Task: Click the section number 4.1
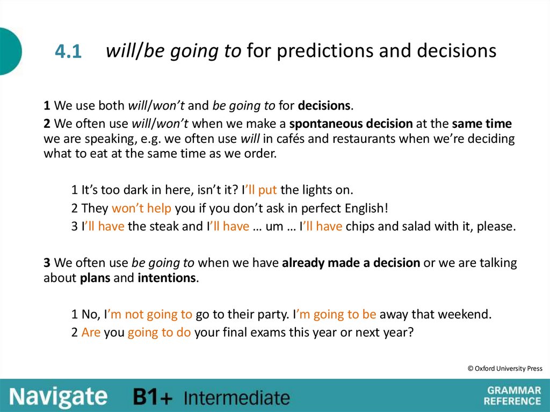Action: click(x=68, y=52)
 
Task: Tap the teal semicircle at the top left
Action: click(x=10, y=52)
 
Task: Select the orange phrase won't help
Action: click(x=141, y=208)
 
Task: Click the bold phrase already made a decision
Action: click(x=351, y=263)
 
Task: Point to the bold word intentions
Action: click(x=167, y=278)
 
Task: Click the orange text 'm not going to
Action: click(x=150, y=314)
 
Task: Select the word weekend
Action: click(x=468, y=314)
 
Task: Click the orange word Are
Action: click(x=91, y=333)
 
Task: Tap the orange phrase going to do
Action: click(x=159, y=333)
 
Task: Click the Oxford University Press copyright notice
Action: click(x=504, y=368)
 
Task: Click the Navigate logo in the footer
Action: click(x=58, y=396)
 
